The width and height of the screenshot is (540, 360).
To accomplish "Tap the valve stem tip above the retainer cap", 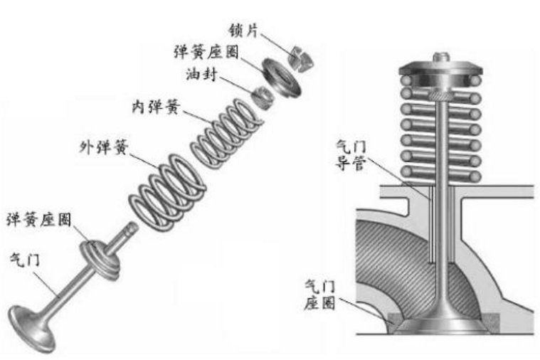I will tap(440, 54).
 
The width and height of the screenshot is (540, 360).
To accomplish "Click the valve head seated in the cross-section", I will tap(440, 324).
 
